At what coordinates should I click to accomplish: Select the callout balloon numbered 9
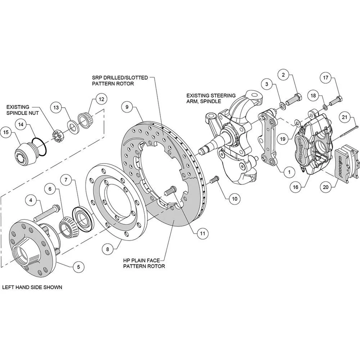pyautogui.click(x=127, y=107)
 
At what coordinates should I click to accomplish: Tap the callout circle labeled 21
pyautogui.click(x=345, y=117)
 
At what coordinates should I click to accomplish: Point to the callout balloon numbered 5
pyautogui.click(x=78, y=267)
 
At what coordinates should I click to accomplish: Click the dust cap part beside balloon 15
pyautogui.click(x=25, y=152)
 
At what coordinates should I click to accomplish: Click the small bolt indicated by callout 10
pyautogui.click(x=214, y=180)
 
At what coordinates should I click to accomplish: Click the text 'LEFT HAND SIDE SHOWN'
pyautogui.click(x=32, y=288)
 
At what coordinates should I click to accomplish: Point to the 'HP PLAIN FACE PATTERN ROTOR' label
pyautogui.click(x=144, y=263)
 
